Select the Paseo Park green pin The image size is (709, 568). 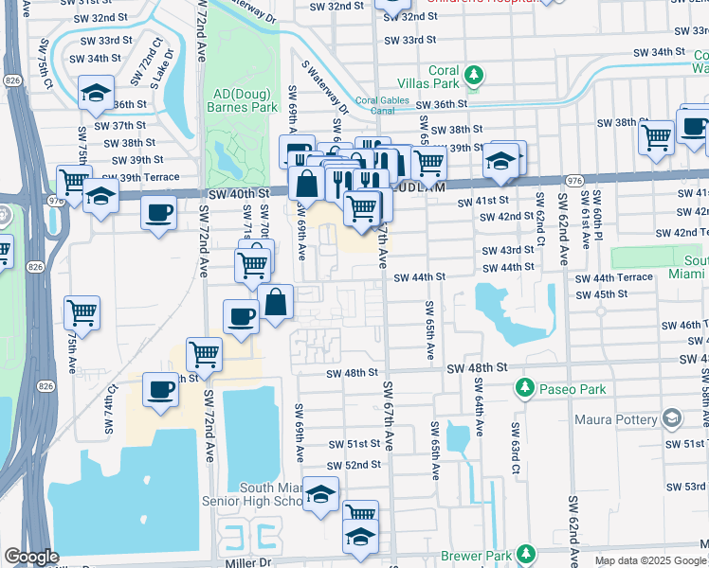point(522,388)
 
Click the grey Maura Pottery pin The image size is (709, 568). point(671,418)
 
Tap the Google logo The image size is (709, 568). point(31,557)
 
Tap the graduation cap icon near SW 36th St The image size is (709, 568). point(96,93)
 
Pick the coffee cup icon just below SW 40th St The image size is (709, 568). point(159,211)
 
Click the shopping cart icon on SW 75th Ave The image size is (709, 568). point(82,311)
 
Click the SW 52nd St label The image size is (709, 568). point(354,465)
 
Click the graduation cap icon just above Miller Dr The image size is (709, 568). point(360,537)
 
